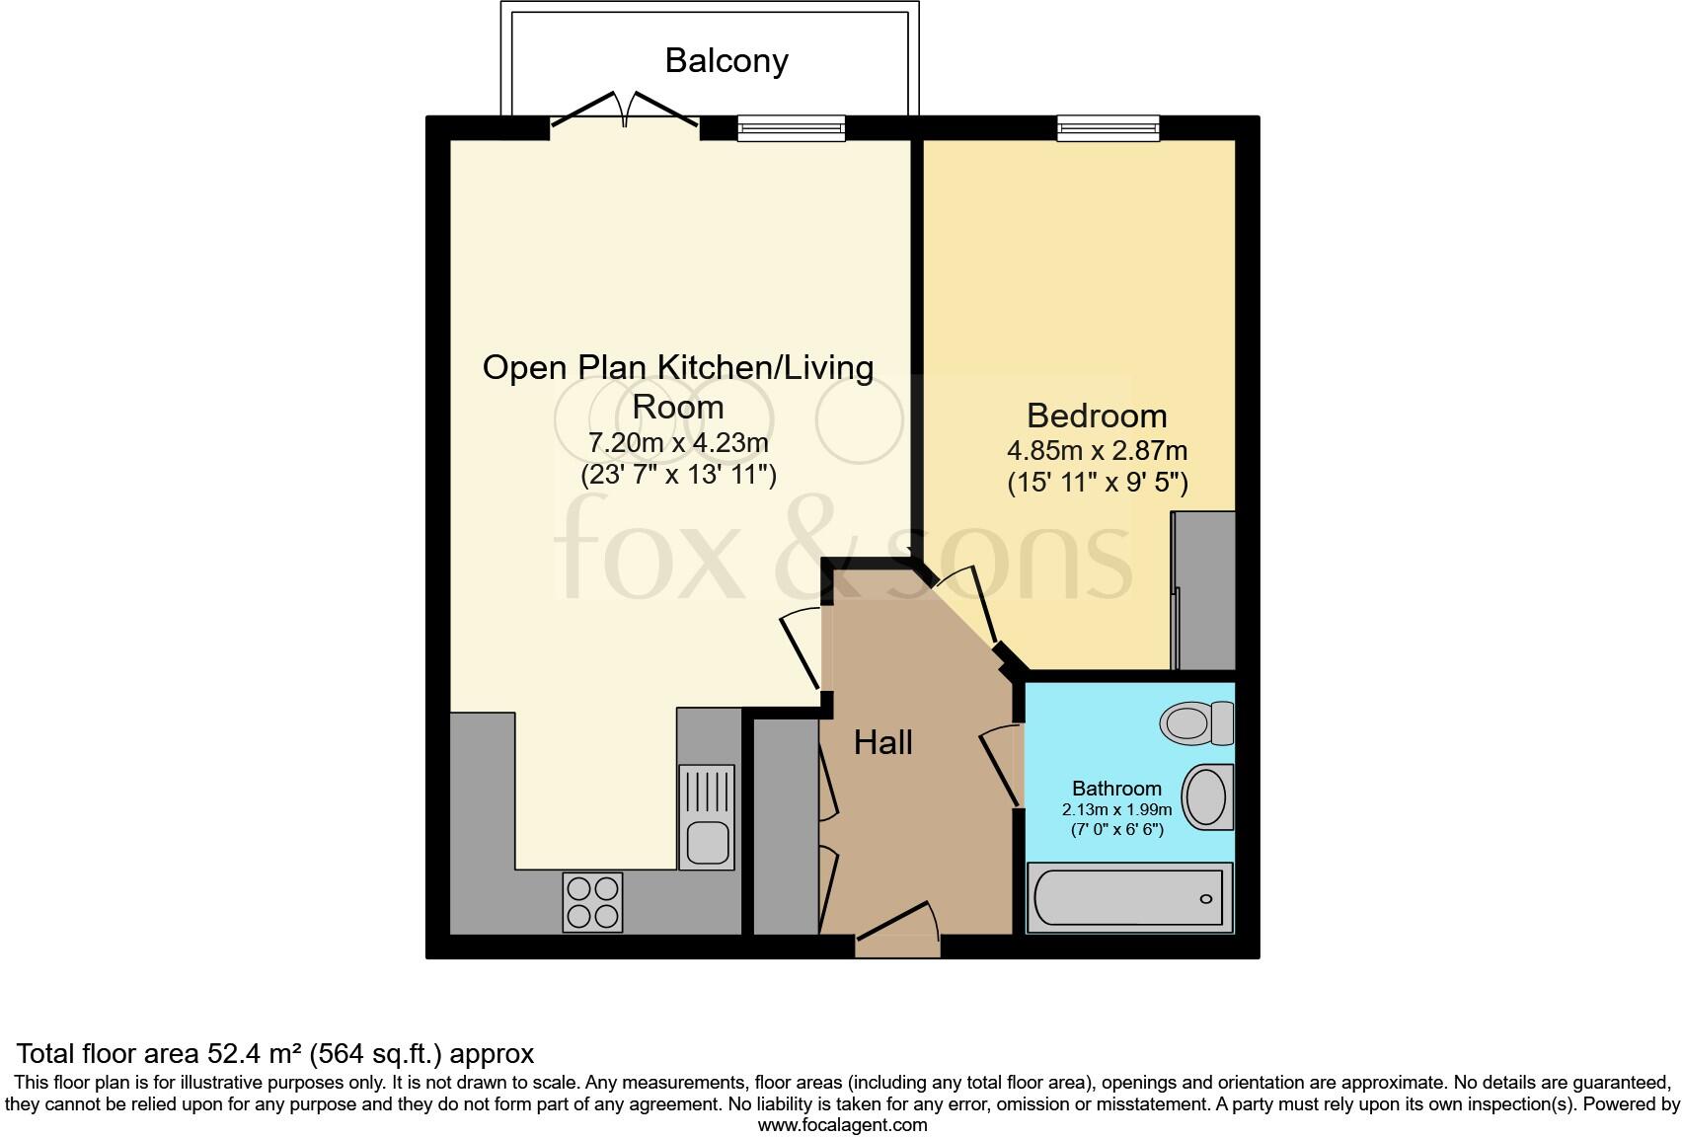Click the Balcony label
tap(726, 61)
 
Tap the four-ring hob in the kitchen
tap(592, 902)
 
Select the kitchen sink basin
tap(707, 842)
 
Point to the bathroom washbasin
tap(1206, 796)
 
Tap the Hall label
tap(882, 743)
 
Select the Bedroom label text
tap(1096, 416)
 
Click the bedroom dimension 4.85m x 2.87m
tap(1096, 451)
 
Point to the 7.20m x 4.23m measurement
tap(678, 442)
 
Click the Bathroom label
tap(1116, 789)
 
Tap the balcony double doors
tap(625, 111)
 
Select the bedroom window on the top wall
tap(1108, 128)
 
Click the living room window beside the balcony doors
tap(791, 128)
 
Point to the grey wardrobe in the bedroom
tap(1204, 590)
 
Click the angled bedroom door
tap(969, 604)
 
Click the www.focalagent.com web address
tap(842, 1125)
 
